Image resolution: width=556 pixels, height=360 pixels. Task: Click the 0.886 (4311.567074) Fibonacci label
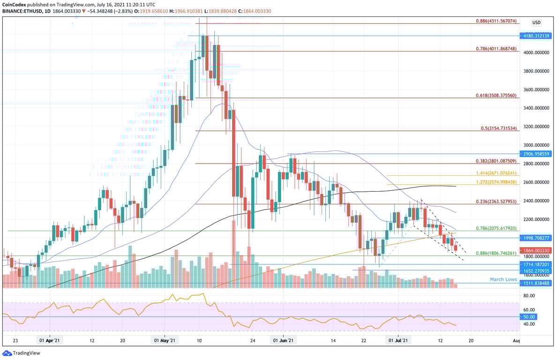(x=496, y=21)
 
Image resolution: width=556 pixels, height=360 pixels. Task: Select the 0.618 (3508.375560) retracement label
(x=496, y=96)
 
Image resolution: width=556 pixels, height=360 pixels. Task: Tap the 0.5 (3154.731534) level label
(x=498, y=128)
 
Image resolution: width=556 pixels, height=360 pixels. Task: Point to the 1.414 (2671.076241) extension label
(x=496, y=173)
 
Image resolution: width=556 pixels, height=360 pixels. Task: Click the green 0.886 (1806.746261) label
(x=496, y=253)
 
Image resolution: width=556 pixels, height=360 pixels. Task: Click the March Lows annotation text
(x=503, y=279)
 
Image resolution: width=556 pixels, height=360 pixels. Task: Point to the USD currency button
(x=536, y=22)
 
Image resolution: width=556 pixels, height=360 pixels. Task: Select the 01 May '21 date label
(x=165, y=341)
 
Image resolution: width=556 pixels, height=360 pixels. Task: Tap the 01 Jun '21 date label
(x=283, y=341)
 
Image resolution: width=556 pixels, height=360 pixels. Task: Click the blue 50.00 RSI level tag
(x=529, y=317)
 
